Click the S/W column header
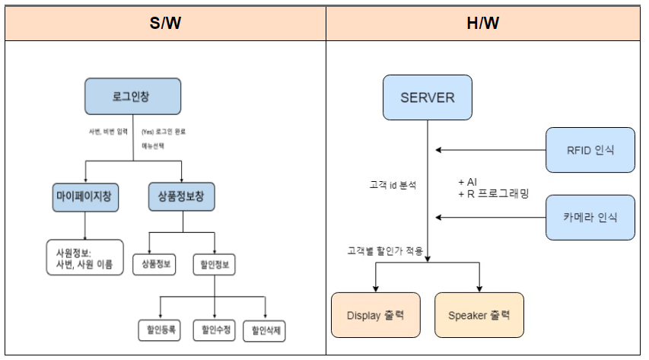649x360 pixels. (165, 24)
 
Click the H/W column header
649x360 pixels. (486, 24)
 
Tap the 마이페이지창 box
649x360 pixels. (84, 196)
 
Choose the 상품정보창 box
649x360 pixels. (181, 196)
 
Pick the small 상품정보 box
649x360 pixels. (154, 264)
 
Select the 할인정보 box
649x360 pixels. (214, 264)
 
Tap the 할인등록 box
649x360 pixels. (159, 330)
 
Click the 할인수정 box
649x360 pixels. (214, 330)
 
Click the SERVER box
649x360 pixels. (428, 97)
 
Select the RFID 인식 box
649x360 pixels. (590, 149)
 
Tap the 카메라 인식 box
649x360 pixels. (590, 217)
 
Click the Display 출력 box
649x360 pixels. (376, 315)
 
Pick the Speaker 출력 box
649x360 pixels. (479, 315)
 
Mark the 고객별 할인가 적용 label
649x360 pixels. (384, 250)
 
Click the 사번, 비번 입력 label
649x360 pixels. (108, 131)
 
